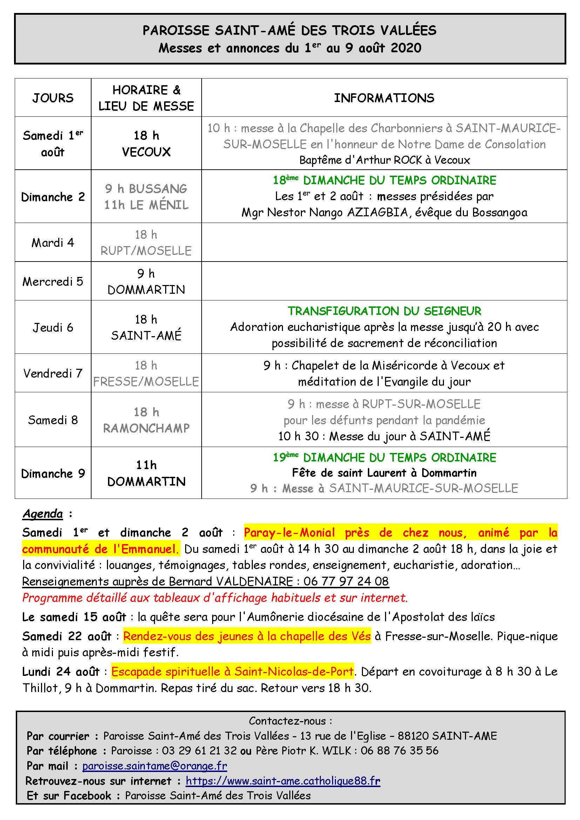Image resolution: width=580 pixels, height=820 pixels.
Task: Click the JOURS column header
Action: click(x=53, y=97)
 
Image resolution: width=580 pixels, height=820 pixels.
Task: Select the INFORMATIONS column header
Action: click(x=384, y=97)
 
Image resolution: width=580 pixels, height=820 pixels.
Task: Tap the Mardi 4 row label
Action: click(x=53, y=243)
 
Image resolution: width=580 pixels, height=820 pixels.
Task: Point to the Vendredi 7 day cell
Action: click(x=53, y=373)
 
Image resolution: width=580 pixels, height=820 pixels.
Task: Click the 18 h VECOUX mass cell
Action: click(x=146, y=144)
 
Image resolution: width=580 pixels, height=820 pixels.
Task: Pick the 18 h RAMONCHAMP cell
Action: click(x=146, y=420)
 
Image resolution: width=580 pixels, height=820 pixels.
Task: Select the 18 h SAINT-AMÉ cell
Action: click(x=146, y=327)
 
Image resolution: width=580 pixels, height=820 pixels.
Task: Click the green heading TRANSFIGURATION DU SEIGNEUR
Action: click(x=384, y=311)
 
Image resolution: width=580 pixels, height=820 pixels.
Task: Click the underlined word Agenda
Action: click(x=42, y=514)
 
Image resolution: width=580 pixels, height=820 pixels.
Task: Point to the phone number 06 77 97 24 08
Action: click(x=346, y=581)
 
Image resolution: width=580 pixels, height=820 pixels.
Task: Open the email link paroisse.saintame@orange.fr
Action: click(x=155, y=766)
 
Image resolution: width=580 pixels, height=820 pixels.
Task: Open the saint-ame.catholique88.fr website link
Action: click(x=283, y=781)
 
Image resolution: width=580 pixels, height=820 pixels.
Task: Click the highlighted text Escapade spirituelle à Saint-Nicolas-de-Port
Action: click(x=232, y=672)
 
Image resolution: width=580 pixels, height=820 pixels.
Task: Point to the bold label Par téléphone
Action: click(x=62, y=751)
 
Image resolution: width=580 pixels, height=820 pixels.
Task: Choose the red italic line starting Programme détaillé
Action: click(x=215, y=597)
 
